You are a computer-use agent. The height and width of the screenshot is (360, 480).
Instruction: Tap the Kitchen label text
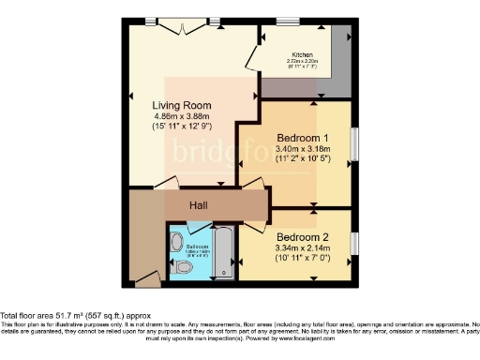point(302,55)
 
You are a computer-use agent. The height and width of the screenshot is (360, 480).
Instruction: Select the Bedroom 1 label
point(302,137)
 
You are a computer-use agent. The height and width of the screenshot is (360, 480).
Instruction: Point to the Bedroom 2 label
point(302,235)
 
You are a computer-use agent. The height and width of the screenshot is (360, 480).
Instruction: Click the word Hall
point(199,205)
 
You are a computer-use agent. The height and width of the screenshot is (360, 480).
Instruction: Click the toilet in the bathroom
point(185,268)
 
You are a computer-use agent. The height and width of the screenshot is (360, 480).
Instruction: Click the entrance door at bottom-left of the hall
point(146,278)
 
